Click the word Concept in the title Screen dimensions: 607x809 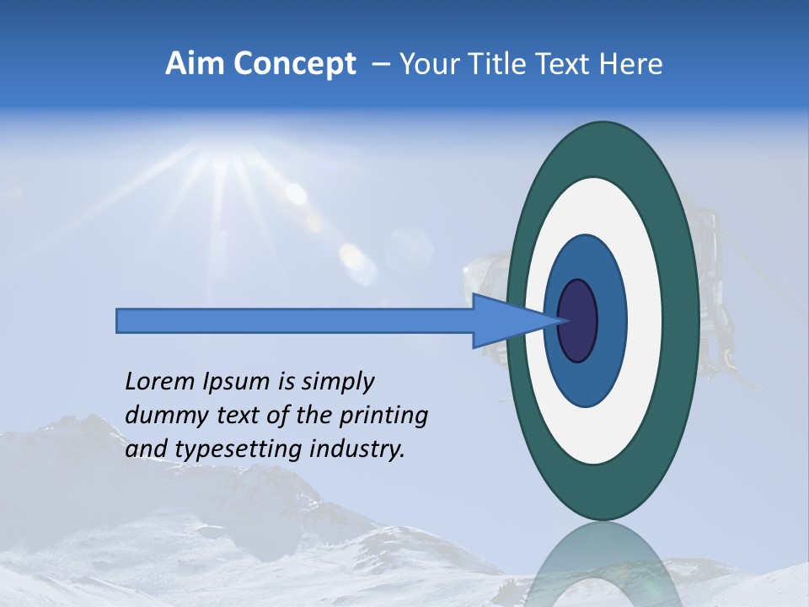click(293, 64)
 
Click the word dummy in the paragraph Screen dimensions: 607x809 click(160, 415)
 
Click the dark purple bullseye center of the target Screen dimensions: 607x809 click(578, 320)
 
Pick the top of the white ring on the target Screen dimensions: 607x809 click(603, 193)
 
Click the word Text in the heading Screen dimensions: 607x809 click(569, 64)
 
